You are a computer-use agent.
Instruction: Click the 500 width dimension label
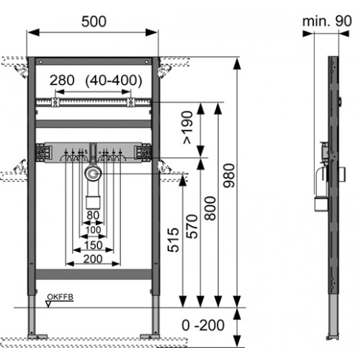click(x=94, y=22)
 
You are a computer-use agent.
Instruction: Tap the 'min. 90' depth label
click(x=327, y=21)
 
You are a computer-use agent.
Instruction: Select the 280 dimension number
click(x=62, y=80)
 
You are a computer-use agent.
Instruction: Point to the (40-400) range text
click(x=114, y=81)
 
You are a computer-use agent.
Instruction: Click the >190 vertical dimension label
click(x=188, y=127)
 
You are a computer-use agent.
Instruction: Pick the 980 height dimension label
click(x=229, y=176)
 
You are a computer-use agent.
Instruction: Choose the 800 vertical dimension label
click(x=210, y=208)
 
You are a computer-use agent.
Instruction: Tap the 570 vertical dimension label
click(x=192, y=227)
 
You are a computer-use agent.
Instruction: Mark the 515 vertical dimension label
click(x=174, y=240)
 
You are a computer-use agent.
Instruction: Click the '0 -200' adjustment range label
click(x=203, y=325)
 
